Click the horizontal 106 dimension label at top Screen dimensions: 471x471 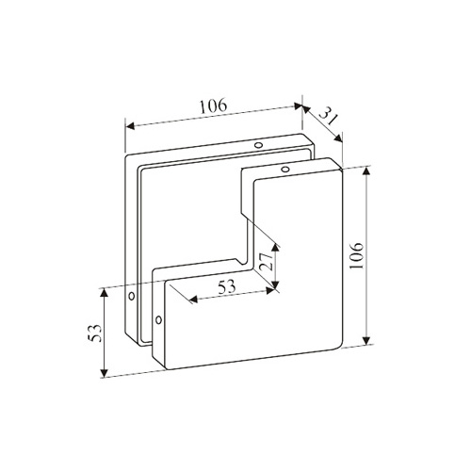tap(213, 106)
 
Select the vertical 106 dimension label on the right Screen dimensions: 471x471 tap(357, 255)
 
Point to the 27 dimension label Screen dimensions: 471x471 tap(266, 261)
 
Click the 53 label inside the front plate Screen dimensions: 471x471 tap(227, 287)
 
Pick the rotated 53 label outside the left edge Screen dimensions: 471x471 tap(95, 333)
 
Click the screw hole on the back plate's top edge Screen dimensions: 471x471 tap(258, 145)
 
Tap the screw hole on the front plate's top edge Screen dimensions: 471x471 tap(285, 170)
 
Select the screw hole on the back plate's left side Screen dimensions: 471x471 tap(132, 296)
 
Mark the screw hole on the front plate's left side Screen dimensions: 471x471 tap(158, 320)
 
